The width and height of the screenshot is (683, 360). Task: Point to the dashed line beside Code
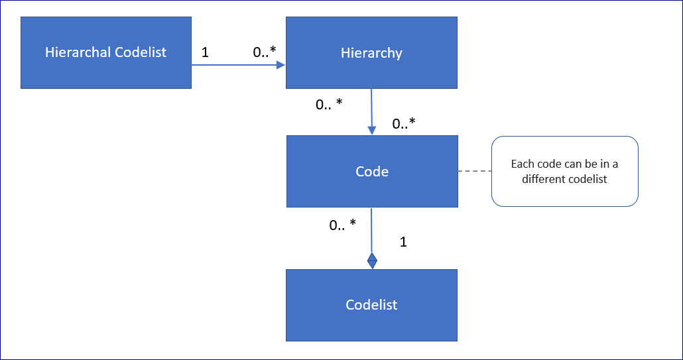[474, 172]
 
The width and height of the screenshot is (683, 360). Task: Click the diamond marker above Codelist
[372, 259]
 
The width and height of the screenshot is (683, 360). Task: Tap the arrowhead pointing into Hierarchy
[281, 65]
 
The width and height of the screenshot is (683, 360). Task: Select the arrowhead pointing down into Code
[372, 131]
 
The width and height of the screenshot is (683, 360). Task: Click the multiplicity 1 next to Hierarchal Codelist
[205, 52]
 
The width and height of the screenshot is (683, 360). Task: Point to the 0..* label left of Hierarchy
[265, 52]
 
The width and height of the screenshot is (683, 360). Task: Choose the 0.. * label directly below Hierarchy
[329, 104]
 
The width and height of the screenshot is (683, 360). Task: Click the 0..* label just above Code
[404, 123]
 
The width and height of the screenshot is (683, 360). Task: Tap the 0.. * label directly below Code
[342, 225]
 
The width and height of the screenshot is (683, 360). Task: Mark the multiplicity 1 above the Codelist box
[403, 242]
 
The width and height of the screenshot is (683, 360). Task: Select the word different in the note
[544, 179]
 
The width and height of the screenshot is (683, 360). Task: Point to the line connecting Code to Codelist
[371, 229]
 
